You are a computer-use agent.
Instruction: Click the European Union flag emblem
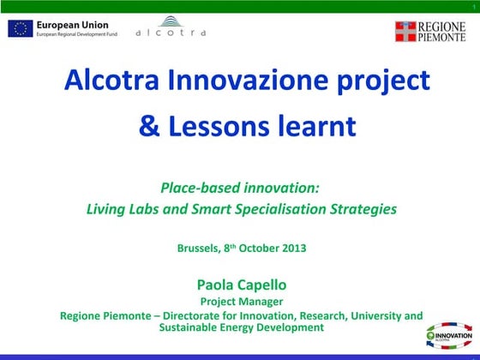(19, 28)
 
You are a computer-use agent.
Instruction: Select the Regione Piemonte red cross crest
(405, 32)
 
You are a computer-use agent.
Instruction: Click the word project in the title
(383, 83)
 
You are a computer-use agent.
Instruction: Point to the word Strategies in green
(363, 208)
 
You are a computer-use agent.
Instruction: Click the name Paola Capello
(241, 284)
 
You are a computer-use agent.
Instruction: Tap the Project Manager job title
(241, 301)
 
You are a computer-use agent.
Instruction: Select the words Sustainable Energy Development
(241, 327)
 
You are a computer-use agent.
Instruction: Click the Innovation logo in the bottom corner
(449, 334)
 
